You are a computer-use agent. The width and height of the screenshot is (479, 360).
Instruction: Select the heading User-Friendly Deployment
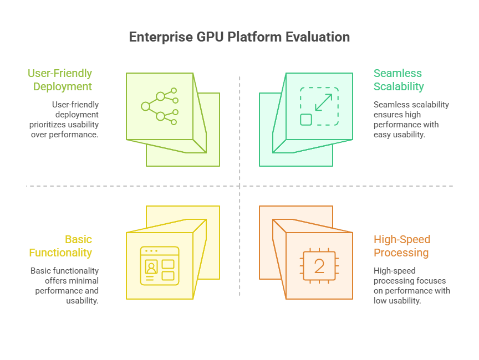pyautogui.click(x=60, y=80)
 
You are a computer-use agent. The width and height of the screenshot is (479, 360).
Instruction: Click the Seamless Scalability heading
pyautogui.click(x=399, y=80)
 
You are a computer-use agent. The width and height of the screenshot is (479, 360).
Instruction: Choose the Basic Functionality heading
pyautogui.click(x=60, y=246)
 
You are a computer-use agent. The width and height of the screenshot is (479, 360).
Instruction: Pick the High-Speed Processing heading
pyautogui.click(x=402, y=246)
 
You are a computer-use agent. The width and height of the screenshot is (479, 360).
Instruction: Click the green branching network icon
pyautogui.click(x=160, y=106)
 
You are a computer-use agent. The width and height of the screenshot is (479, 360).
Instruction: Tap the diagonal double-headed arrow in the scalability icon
pyautogui.click(x=324, y=102)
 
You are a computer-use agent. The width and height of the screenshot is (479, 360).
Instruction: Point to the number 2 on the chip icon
pyautogui.click(x=319, y=266)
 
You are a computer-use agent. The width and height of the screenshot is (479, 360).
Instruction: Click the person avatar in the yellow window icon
pyautogui.click(x=151, y=267)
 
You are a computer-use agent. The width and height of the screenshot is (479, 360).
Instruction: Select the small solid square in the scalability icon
pyautogui.click(x=306, y=120)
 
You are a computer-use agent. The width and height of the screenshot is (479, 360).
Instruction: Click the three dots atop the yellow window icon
pyautogui.click(x=151, y=251)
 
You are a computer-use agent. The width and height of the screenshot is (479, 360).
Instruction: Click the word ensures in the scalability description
pyautogui.click(x=385, y=115)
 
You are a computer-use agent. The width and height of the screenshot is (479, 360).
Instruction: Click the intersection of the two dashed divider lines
pyautogui.click(x=239, y=186)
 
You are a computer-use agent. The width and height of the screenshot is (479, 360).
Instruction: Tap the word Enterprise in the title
pyautogui.click(x=161, y=37)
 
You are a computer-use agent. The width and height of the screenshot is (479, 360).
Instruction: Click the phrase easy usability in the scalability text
pyautogui.click(x=399, y=135)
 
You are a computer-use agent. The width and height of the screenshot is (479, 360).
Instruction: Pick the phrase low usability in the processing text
pyautogui.click(x=397, y=301)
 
